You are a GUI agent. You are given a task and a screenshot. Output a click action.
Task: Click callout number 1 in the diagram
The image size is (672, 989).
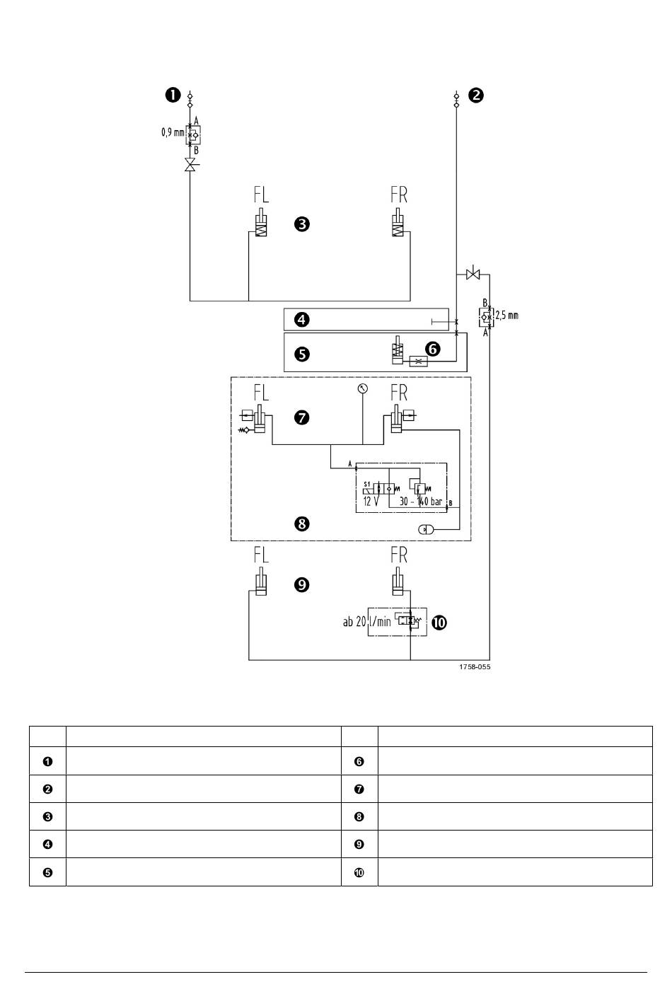[x=173, y=95]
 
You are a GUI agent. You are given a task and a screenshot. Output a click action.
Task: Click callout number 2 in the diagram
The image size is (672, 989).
[x=475, y=95]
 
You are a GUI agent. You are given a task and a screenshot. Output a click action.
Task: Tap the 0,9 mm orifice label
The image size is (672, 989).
[x=172, y=132]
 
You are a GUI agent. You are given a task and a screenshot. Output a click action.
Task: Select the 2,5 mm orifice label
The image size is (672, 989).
[x=507, y=316]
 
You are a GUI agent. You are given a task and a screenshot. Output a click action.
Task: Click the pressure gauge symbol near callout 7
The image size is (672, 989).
[x=362, y=388]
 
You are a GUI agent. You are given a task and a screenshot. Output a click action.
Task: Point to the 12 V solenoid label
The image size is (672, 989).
[x=371, y=502]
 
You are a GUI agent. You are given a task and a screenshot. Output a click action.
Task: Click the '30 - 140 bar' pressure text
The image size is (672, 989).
[x=420, y=502]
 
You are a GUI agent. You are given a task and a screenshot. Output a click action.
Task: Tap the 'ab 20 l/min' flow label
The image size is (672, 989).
[x=367, y=622]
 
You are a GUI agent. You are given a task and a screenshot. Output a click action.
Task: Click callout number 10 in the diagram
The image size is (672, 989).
[x=439, y=623]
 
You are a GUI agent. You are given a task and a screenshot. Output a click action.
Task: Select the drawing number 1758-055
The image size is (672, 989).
[x=475, y=666]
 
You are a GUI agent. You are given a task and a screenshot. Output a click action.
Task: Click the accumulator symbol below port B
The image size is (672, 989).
[x=426, y=529]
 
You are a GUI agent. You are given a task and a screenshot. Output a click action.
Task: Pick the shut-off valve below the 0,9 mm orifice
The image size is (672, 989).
[x=190, y=165]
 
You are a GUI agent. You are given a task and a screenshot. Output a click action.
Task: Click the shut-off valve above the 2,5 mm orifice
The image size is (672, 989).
[x=473, y=274]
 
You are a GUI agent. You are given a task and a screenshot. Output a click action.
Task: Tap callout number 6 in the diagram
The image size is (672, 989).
[x=433, y=349]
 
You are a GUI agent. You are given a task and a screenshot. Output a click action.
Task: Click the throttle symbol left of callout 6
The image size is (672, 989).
[x=418, y=362]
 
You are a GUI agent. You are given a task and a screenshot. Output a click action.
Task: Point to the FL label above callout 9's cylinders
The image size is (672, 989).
[x=262, y=555]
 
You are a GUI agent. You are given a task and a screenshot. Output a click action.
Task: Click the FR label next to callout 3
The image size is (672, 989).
[x=399, y=195]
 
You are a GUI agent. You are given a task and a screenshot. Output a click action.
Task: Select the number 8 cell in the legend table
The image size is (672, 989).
[x=359, y=817]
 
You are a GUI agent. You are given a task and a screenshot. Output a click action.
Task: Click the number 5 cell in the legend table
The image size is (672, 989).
[x=47, y=872]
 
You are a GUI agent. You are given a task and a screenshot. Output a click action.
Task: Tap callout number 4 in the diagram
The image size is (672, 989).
[x=301, y=319]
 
